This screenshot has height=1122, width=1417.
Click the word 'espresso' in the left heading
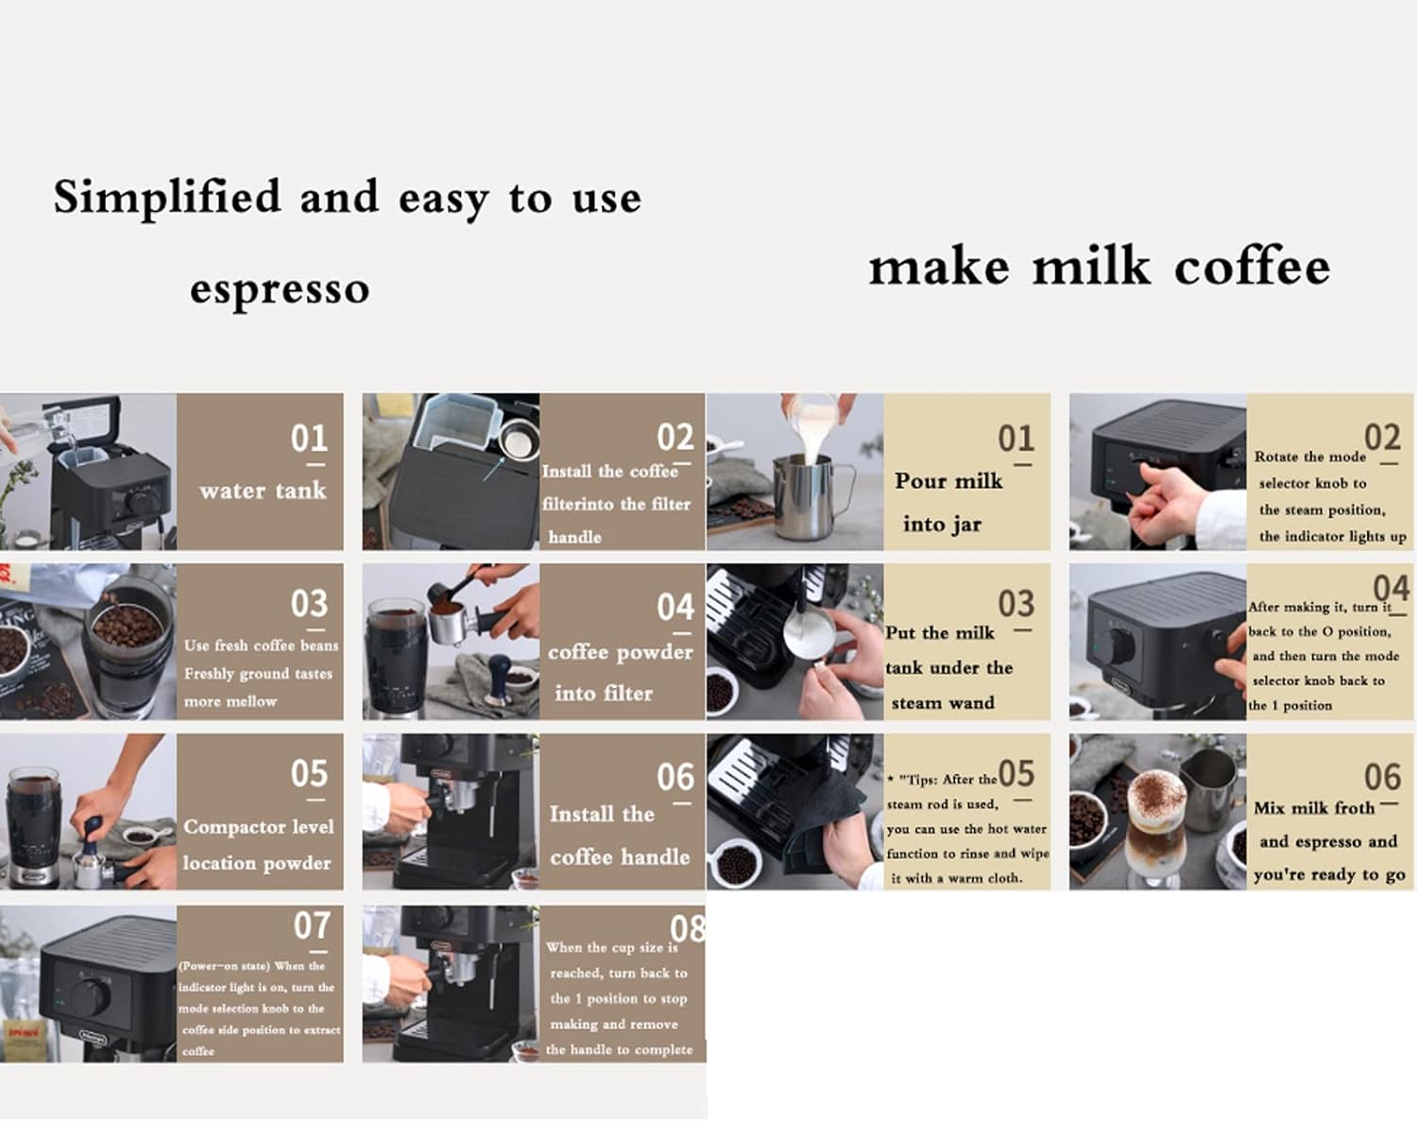tap(280, 289)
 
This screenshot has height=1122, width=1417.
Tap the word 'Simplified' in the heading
tap(167, 198)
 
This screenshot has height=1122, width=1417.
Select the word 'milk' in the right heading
tap(1091, 267)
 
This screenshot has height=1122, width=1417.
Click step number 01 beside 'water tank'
tap(309, 439)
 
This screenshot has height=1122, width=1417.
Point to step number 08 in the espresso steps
tap(688, 929)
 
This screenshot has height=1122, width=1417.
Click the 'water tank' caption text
tap(263, 491)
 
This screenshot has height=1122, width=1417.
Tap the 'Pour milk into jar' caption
tap(948, 502)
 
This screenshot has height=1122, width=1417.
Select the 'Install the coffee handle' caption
tap(619, 836)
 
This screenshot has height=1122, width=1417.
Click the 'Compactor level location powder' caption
tap(258, 844)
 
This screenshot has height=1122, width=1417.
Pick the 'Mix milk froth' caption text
tap(1314, 808)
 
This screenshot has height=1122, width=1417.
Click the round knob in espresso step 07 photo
tap(91, 997)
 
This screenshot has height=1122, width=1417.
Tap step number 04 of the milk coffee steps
tap(1391, 589)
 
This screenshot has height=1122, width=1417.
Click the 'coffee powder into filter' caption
tap(620, 672)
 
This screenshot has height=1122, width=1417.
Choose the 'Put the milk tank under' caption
tap(948, 667)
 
